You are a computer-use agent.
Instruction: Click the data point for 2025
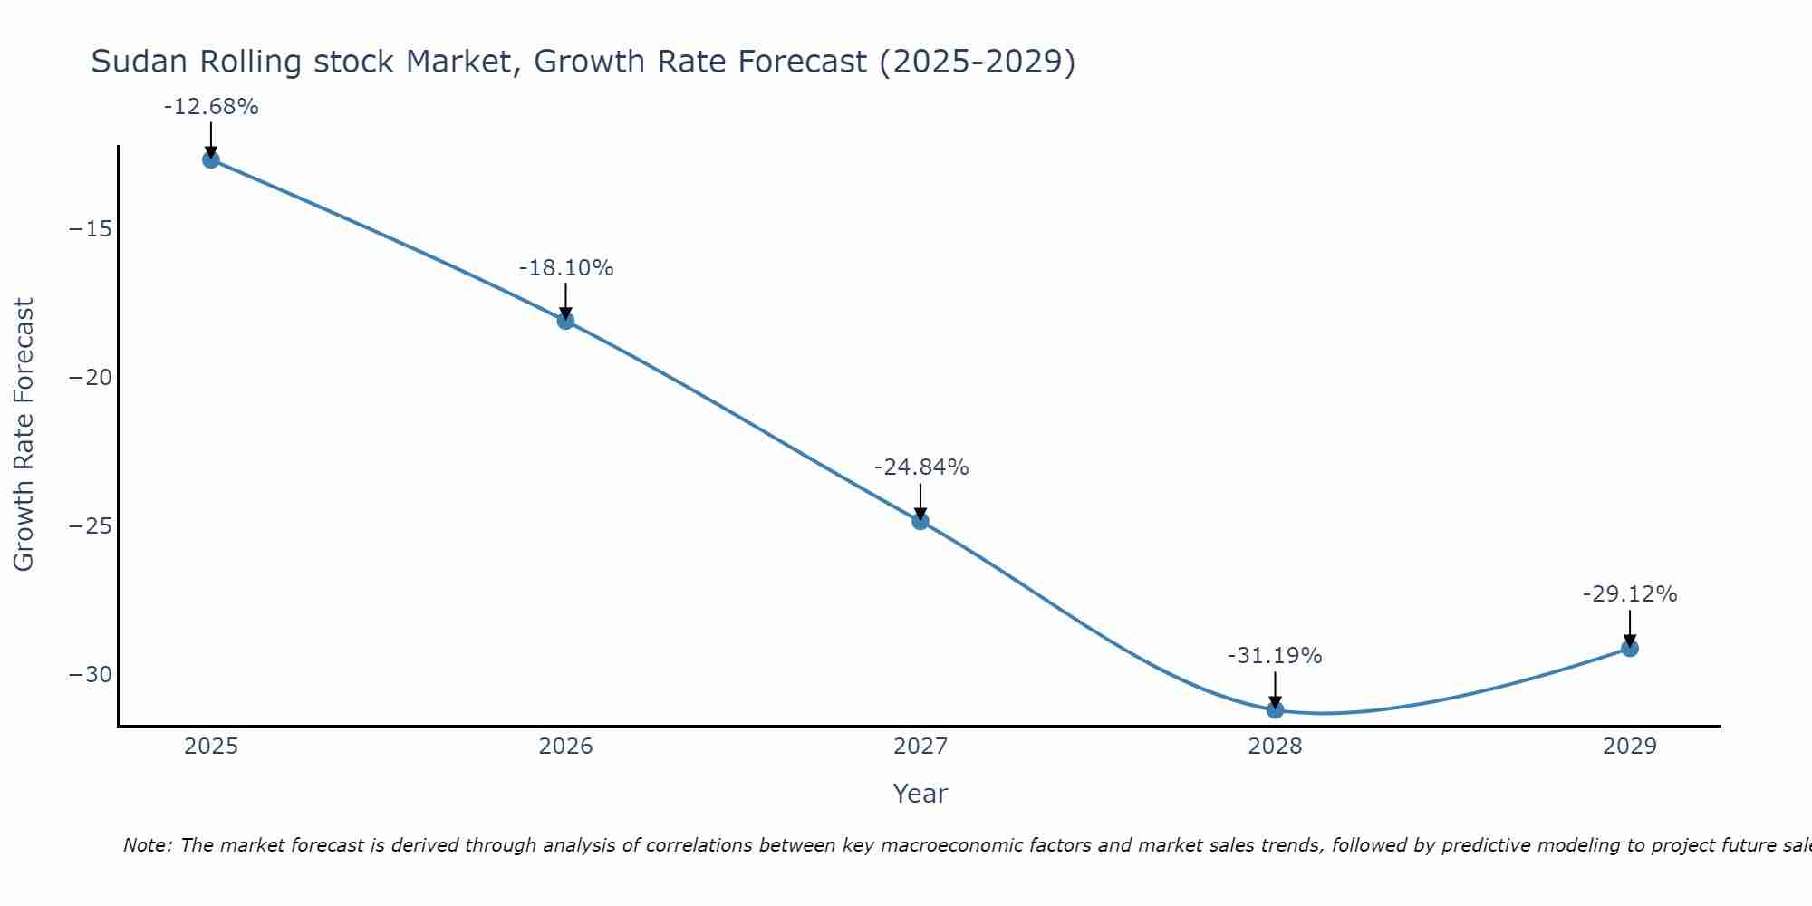pos(211,159)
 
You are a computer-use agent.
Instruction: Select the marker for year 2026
pos(565,321)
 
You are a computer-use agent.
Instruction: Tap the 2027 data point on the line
pos(920,521)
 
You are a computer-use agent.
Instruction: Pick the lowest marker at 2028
pos(1275,709)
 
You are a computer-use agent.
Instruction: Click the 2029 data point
pos(1629,648)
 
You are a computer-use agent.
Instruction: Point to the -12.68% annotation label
pos(211,107)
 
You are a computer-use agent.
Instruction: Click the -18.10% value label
pos(566,268)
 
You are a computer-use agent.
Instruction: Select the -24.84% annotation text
pos(921,467)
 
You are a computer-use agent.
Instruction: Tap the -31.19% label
pos(1275,656)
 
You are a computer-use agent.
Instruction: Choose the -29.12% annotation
pos(1630,594)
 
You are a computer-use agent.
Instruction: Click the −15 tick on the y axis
pos(91,229)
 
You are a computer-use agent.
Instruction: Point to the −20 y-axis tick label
pos(91,378)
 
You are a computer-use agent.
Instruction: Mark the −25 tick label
pos(91,526)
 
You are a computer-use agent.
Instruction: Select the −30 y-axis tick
pos(91,675)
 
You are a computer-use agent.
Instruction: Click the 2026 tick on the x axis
pos(565,747)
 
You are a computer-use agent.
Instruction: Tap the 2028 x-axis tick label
pos(1275,747)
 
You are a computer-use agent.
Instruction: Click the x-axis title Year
pos(920,794)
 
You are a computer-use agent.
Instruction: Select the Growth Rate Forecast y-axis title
pos(24,435)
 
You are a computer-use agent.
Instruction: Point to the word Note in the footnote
pos(146,845)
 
